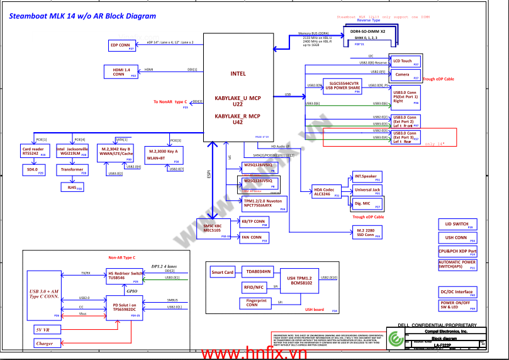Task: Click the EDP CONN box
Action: (x=122, y=45)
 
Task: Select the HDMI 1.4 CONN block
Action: (x=123, y=72)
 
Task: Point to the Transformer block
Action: (x=72, y=169)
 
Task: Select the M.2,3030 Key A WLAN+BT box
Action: (x=164, y=154)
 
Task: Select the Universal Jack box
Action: (x=367, y=190)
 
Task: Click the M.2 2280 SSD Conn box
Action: (x=367, y=232)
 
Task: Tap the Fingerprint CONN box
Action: (x=257, y=303)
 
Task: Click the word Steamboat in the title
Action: (x=29, y=16)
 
